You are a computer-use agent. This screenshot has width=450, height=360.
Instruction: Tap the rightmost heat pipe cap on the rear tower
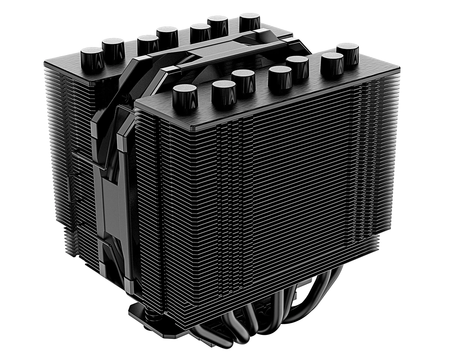click(x=250, y=22)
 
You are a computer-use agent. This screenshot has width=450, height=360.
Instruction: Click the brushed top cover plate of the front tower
click(x=262, y=101)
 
